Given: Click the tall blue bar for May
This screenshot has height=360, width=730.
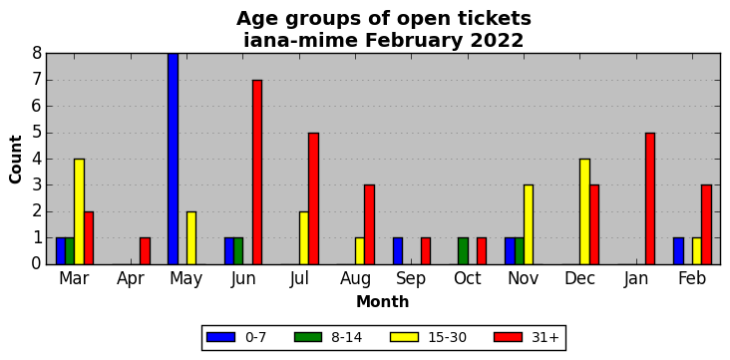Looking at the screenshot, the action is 173,159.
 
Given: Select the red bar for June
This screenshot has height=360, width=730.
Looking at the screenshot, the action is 257,173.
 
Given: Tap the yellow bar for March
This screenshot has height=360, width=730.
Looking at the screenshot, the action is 79,211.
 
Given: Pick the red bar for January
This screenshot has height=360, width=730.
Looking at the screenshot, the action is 650,198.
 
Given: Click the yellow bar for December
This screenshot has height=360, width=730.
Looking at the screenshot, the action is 584,211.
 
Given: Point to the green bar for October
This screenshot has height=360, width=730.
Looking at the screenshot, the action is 463,251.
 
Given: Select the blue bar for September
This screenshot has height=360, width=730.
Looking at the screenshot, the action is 398,251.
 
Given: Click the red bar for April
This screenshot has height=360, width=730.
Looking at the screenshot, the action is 145,251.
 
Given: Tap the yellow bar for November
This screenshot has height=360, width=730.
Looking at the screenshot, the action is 529,225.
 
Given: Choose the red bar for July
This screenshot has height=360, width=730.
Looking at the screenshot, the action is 313,198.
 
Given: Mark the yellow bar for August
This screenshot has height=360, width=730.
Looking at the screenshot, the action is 360,251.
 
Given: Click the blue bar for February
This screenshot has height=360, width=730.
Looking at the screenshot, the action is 678,251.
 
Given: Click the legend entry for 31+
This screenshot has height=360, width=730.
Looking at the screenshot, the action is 527,337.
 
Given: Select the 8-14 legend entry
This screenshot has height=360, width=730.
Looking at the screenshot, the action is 328,337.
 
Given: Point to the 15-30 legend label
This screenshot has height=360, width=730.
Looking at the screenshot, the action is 447,337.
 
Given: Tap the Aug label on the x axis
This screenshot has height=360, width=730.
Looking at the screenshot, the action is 356,279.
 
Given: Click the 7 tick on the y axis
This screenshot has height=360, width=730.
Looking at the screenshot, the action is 37,80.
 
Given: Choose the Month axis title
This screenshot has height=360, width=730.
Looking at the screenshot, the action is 383,302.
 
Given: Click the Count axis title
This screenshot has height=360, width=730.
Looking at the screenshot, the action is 15,160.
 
